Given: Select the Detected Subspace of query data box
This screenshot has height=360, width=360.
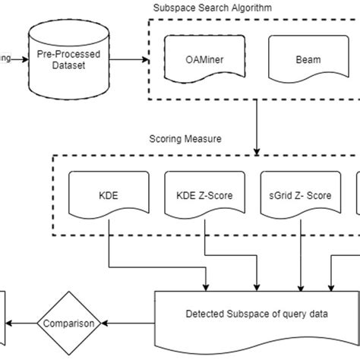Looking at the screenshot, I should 258,313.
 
